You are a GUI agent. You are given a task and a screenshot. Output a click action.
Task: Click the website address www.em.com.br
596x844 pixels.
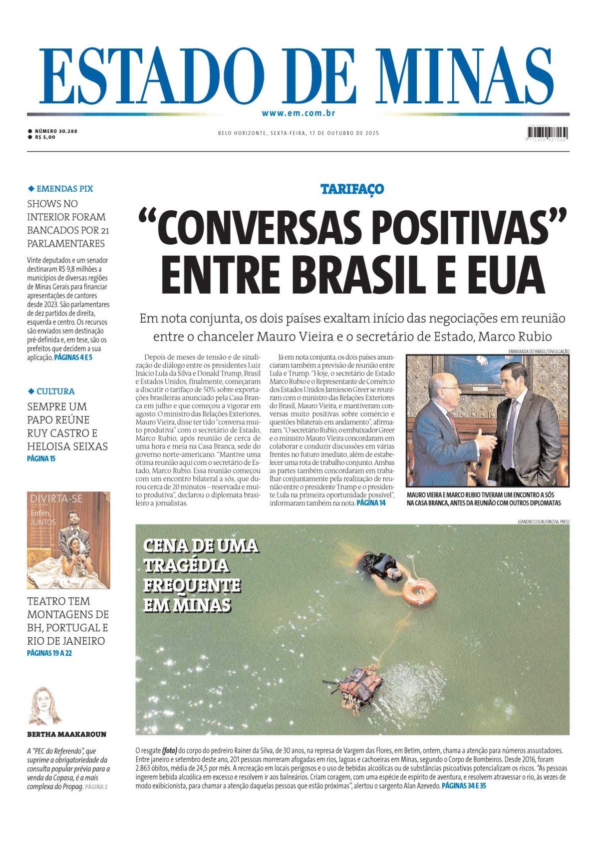tap(298, 113)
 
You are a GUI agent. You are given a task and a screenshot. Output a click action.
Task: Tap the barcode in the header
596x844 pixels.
tap(547, 133)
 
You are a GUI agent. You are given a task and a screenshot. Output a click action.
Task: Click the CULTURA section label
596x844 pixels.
tap(55, 391)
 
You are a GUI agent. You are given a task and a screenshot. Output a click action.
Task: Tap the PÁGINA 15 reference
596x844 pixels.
tap(41, 458)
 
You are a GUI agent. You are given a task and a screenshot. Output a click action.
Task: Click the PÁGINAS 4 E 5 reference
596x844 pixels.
tap(73, 358)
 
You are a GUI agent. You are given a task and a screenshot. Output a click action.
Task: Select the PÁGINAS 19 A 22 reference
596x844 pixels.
tap(49, 653)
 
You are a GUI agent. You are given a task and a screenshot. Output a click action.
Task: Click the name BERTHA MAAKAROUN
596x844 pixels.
tap(66, 734)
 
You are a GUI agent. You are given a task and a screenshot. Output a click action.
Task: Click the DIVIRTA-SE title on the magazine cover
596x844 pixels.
tap(56, 498)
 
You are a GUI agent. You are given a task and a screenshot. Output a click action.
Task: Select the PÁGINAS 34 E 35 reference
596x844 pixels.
tap(464, 786)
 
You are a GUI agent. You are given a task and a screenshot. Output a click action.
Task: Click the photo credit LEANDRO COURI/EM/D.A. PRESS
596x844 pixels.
tap(543, 521)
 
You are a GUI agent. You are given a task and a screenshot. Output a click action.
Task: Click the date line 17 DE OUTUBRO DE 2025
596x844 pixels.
tap(344, 133)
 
